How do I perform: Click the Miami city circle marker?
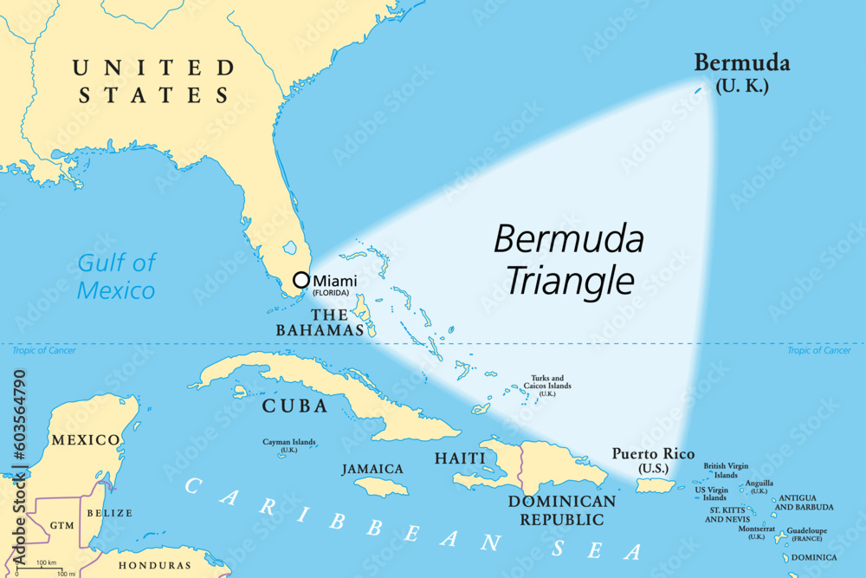click(301, 280)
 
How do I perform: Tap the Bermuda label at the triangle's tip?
click(741, 62)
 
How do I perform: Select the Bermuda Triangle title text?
click(569, 258)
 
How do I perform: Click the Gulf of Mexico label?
click(116, 276)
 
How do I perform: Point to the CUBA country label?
click(294, 406)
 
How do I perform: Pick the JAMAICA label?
click(372, 469)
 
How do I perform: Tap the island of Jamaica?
click(381, 487)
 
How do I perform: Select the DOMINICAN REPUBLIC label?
click(562, 510)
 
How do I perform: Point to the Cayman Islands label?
click(289, 445)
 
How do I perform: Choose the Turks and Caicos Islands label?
click(547, 385)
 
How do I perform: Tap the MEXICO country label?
click(85, 439)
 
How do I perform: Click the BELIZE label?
click(109, 513)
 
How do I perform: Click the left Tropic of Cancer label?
click(43, 350)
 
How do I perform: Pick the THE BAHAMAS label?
click(319, 321)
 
